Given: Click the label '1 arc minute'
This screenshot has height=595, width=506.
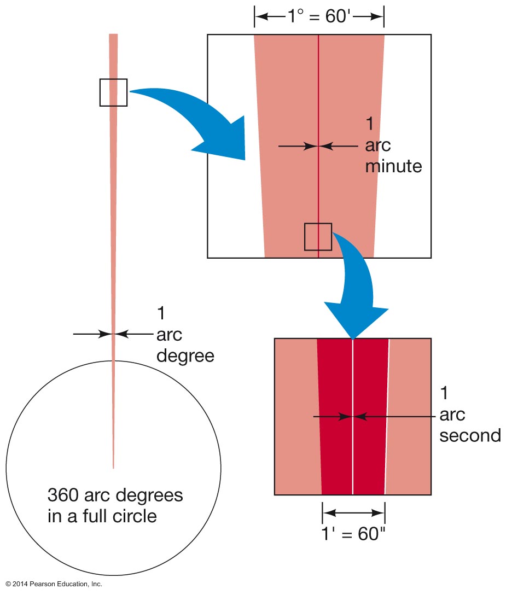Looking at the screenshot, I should click(x=393, y=145).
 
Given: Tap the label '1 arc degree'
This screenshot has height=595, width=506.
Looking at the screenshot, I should click(x=185, y=335).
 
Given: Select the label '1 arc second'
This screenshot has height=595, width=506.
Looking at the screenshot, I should click(x=470, y=414).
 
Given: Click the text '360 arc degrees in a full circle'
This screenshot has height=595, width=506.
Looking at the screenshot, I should click(x=115, y=506).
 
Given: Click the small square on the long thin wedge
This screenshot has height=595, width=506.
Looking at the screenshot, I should click(x=113, y=92).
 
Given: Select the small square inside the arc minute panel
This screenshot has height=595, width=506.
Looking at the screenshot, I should click(x=318, y=237).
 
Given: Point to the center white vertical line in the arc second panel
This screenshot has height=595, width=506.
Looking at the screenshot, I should click(x=353, y=448).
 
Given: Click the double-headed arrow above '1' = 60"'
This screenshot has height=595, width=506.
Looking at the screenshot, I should click(x=353, y=513).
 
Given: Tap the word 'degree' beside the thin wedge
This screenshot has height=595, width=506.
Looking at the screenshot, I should click(x=185, y=356).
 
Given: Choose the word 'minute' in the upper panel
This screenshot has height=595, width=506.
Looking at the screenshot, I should click(x=393, y=166).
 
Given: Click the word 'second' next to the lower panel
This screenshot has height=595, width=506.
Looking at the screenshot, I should click(x=470, y=435).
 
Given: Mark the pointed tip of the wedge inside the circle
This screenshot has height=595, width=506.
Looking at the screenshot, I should click(x=113, y=466).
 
